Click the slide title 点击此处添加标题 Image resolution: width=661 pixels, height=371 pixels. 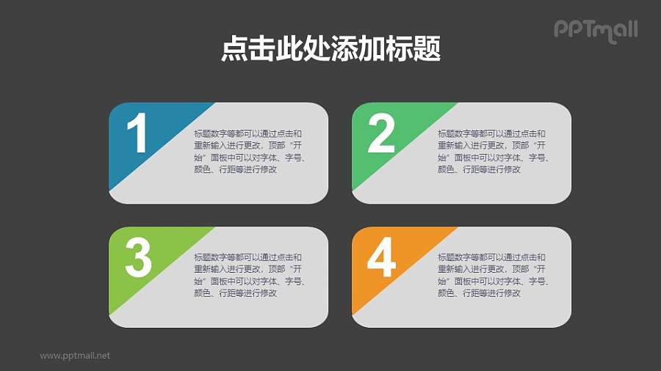330,49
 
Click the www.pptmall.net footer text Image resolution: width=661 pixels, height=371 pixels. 75,356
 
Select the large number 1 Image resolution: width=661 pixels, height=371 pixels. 137,135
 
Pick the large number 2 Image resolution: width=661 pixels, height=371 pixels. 381,134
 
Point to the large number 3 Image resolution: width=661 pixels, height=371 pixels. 138,258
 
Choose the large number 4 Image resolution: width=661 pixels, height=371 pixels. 381,258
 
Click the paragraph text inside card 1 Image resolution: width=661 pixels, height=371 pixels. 248,152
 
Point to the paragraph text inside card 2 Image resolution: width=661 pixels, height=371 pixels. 492,152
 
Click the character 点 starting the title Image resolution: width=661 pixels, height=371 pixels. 233,49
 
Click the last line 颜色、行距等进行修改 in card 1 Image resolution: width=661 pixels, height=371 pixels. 235,169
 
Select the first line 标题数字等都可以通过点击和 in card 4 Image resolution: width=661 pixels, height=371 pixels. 492,257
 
